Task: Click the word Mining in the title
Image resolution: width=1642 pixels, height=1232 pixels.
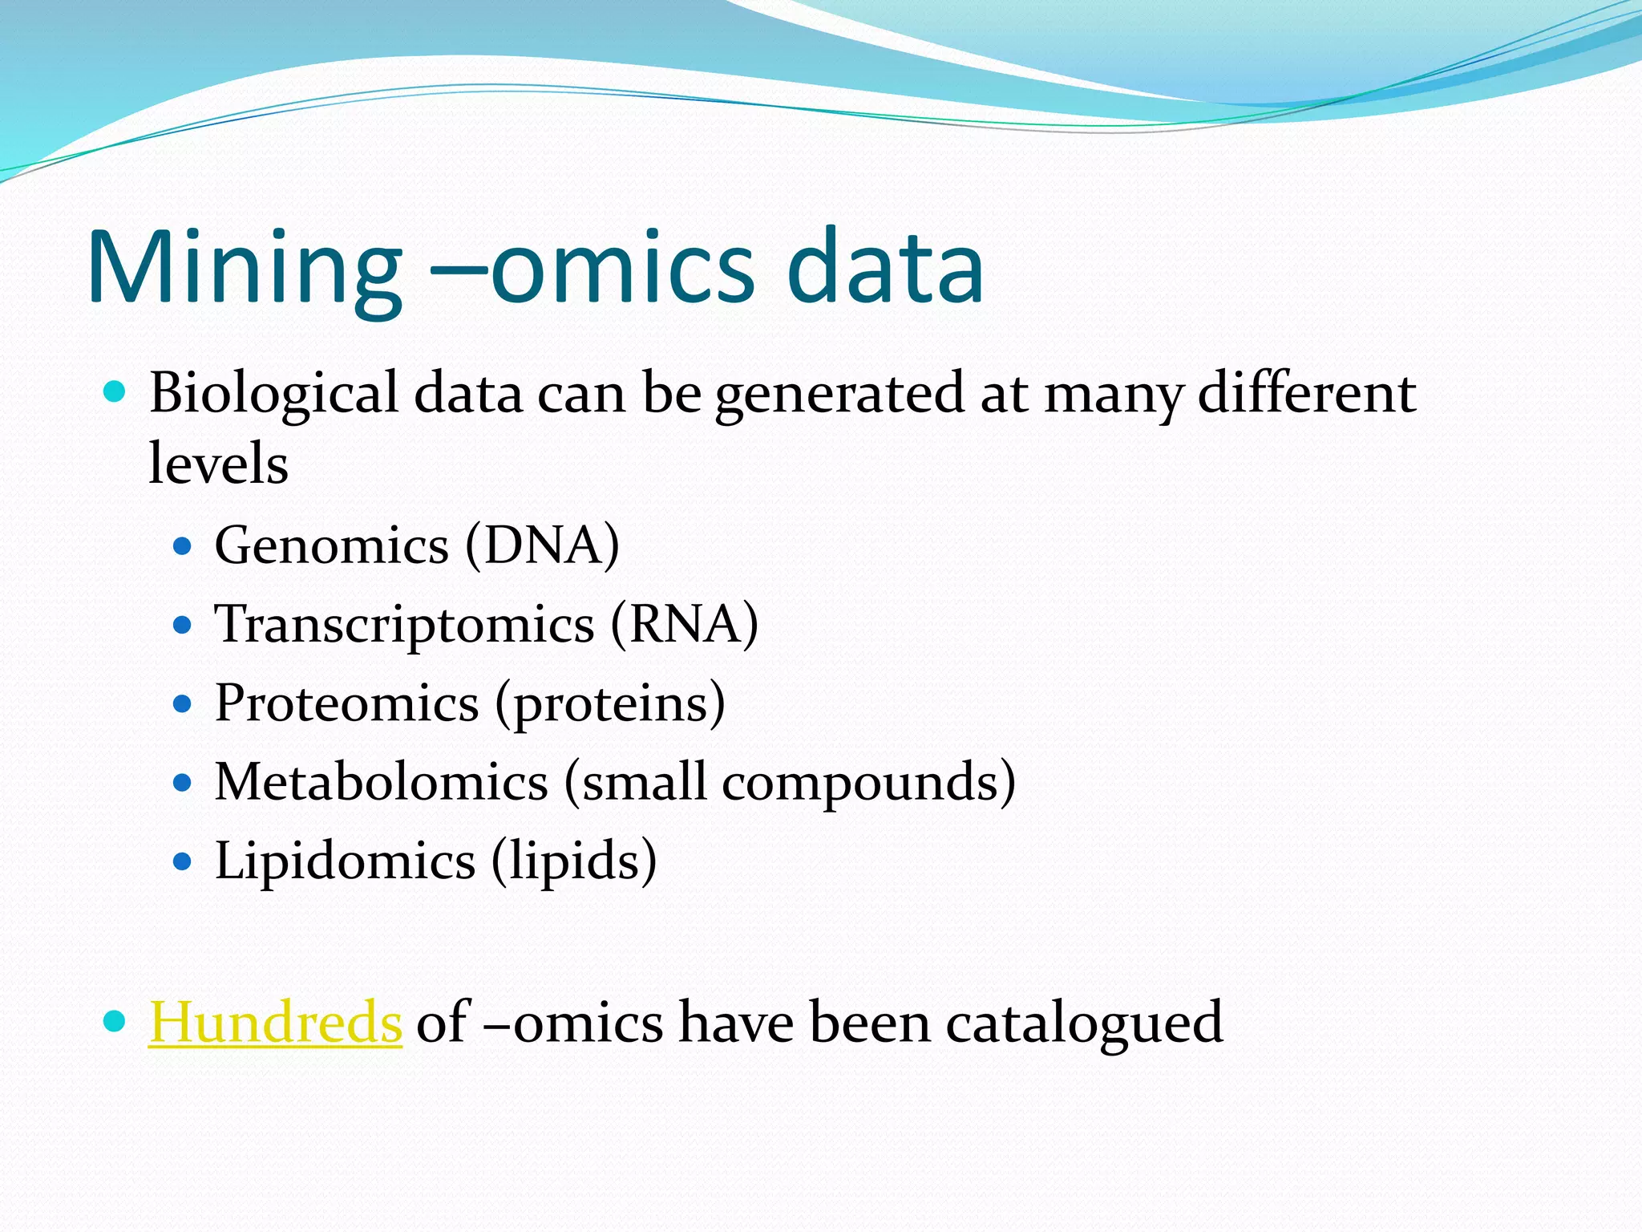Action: (245, 269)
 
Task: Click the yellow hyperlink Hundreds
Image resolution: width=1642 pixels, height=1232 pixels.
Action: (275, 1023)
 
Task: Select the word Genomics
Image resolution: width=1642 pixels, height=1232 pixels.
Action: (331, 546)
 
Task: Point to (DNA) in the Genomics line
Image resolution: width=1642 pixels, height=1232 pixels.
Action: (542, 546)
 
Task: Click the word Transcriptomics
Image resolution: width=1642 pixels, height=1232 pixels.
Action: (404, 625)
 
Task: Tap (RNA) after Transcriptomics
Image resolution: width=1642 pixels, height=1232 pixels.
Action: (684, 625)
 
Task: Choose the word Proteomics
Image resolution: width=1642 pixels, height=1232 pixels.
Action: (346, 703)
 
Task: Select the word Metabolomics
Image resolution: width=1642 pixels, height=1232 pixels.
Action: (382, 782)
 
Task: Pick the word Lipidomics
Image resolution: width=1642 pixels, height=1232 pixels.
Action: (345, 861)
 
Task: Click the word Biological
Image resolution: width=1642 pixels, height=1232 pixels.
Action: (273, 394)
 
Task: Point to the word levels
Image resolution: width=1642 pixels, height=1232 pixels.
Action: (218, 464)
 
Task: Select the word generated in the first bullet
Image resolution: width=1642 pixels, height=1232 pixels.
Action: (839, 394)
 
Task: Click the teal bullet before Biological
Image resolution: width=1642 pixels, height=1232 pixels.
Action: (115, 392)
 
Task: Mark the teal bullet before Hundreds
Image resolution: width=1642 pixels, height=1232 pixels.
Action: (115, 1021)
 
